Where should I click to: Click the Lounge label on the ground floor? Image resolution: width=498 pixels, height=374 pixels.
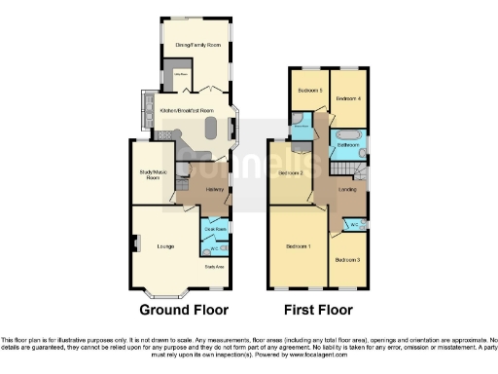coord(165,246)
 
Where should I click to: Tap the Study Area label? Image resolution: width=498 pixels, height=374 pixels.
coord(214,266)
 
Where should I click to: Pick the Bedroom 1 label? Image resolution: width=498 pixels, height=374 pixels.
coord(299,247)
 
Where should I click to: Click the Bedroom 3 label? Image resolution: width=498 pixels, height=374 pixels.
coord(347,260)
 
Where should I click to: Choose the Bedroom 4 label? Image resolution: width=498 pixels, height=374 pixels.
coord(348,99)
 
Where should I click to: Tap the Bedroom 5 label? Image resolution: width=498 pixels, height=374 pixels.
coord(310,90)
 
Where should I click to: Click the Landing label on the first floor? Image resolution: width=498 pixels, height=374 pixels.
coord(346,189)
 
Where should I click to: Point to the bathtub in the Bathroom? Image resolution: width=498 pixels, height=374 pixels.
coord(348,132)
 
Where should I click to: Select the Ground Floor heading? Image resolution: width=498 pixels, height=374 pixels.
coord(184,310)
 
